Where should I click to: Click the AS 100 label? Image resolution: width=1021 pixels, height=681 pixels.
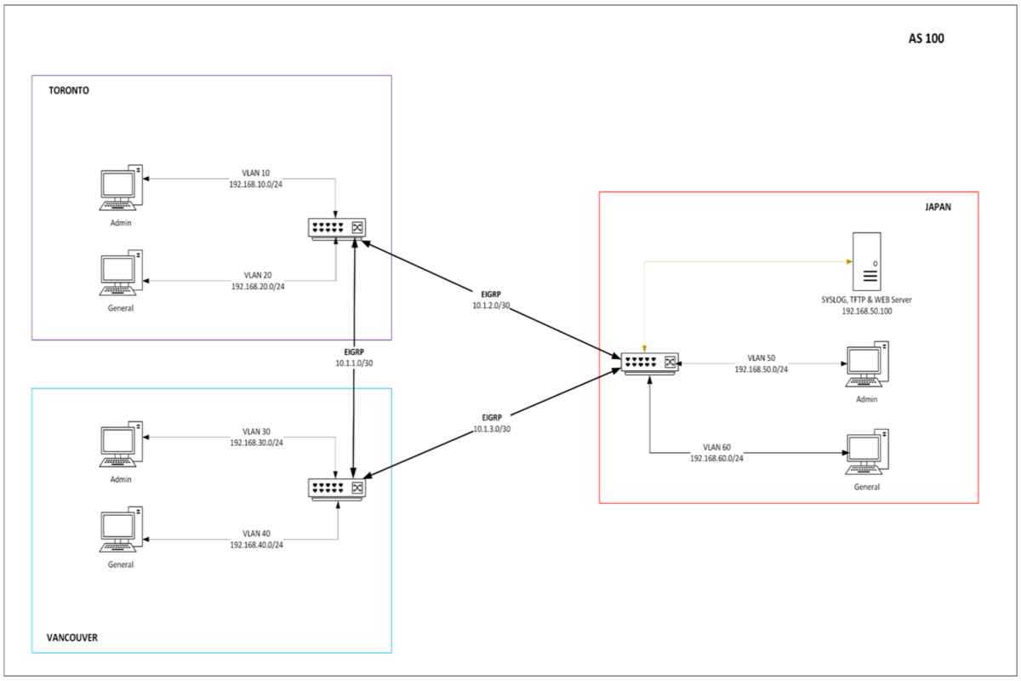point(927,38)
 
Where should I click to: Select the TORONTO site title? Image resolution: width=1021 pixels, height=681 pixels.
point(69,90)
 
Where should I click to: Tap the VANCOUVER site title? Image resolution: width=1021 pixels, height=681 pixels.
point(72,637)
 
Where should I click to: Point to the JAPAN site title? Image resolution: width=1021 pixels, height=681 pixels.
point(938,206)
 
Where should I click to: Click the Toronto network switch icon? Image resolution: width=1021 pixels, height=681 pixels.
point(337,228)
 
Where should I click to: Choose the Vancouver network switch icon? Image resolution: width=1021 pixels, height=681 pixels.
point(337,488)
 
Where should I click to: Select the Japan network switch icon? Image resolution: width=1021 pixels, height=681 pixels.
point(649,362)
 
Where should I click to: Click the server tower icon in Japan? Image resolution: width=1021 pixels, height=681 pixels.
point(868,262)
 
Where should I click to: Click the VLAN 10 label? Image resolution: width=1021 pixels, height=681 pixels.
point(255,173)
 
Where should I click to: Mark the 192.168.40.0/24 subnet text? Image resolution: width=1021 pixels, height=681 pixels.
point(256,545)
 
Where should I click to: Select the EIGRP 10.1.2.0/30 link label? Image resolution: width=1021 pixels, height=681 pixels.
point(492,299)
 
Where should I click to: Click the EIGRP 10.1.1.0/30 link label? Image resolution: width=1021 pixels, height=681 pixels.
point(354,357)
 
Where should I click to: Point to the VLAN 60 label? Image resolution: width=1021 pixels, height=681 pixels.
point(716,447)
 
